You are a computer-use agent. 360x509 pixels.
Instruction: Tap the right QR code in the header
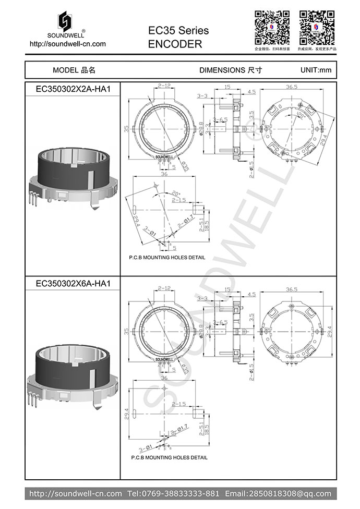[x=316, y=27]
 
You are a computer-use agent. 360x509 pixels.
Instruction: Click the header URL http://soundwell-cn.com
[x=68, y=44]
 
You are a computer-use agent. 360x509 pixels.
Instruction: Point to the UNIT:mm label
[x=316, y=70]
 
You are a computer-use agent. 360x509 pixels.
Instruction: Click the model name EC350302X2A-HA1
[x=73, y=89]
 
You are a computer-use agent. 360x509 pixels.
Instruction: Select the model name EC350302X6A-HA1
[x=73, y=284]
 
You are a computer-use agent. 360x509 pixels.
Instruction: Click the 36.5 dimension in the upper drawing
[x=292, y=87]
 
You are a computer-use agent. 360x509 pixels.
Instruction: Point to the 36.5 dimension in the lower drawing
[x=292, y=289]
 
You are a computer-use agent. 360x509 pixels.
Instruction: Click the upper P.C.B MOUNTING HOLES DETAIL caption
[x=167, y=258]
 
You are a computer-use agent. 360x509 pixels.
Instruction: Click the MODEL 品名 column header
[x=74, y=70]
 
